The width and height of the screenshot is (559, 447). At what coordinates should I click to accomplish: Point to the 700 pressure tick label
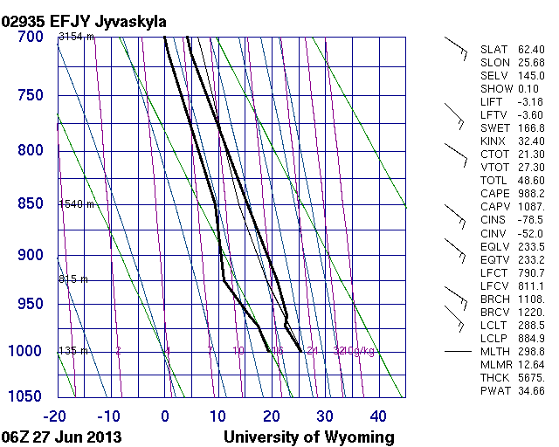click(x=30, y=37)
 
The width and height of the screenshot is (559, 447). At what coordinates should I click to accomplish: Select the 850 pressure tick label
click(x=30, y=203)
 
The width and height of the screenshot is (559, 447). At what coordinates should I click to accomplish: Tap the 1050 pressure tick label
click(x=25, y=396)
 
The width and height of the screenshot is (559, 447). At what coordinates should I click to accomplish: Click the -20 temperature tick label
click(x=58, y=416)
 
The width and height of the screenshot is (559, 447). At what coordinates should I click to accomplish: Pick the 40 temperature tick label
click(x=378, y=416)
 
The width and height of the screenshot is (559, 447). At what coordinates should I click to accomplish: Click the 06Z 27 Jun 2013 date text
click(x=62, y=437)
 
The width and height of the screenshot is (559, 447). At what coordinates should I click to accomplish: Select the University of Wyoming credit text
click(x=309, y=437)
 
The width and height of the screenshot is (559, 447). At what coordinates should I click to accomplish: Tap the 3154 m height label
click(x=76, y=37)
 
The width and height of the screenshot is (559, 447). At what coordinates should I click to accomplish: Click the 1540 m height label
click(x=76, y=203)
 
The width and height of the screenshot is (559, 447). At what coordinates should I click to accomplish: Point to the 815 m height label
click(x=74, y=279)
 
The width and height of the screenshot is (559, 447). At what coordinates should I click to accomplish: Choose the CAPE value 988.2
click(x=531, y=193)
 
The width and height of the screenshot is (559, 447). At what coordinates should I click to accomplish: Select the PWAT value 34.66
click(x=531, y=391)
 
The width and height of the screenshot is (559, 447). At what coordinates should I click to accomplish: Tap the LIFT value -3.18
click(x=531, y=101)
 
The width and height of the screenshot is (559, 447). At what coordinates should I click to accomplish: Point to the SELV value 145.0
click(x=531, y=76)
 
